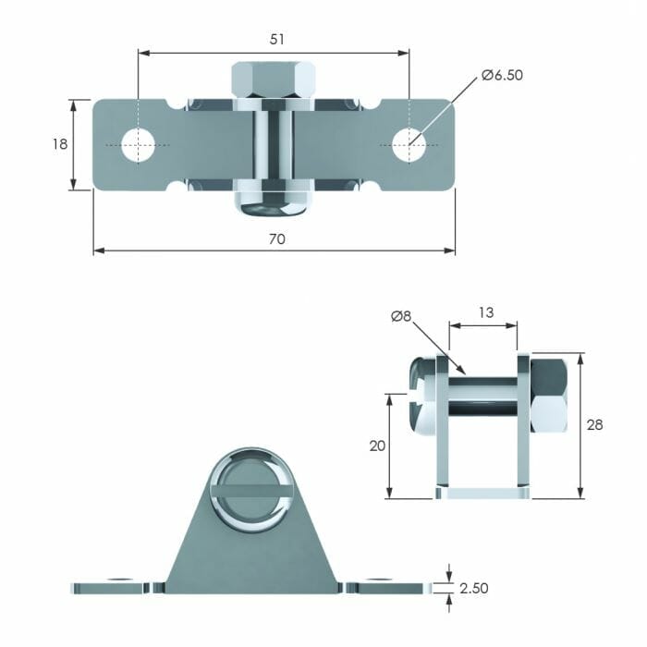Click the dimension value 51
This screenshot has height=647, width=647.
276,40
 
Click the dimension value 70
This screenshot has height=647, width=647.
276,238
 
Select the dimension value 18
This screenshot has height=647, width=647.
58,144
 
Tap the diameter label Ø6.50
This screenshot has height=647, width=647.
502,76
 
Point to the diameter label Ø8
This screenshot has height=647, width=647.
401,317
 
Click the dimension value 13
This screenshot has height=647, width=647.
483,312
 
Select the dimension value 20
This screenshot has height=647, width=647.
376,446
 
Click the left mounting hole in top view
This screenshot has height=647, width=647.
139,144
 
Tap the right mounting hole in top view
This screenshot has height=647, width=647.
408,144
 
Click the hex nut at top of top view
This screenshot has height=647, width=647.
274,80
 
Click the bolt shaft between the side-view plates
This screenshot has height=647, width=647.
483,393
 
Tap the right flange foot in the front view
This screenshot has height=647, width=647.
392,586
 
